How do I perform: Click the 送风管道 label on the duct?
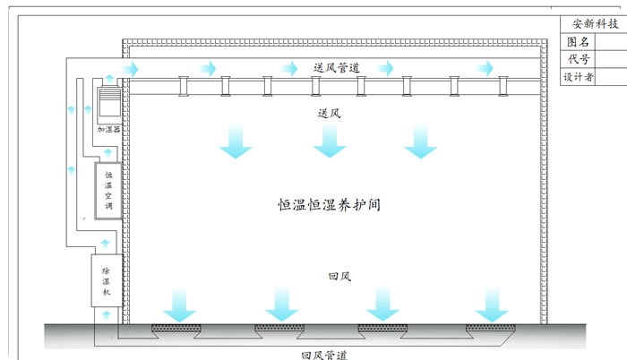click(x=337, y=67)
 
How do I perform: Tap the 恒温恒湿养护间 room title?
click(x=331, y=205)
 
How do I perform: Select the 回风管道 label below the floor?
click(x=325, y=354)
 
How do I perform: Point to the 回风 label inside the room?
click(x=339, y=277)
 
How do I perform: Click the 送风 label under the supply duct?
click(x=329, y=114)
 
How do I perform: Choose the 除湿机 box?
click(x=106, y=280)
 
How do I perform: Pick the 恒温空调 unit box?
click(x=108, y=192)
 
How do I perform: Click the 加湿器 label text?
click(x=108, y=130)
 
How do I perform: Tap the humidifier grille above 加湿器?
click(x=107, y=103)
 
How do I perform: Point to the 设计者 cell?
click(x=579, y=77)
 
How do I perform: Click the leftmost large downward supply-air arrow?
click(x=237, y=142)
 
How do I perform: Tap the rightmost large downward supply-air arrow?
click(x=420, y=142)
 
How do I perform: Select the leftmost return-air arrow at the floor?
click(x=180, y=304)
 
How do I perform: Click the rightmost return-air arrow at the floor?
click(x=492, y=304)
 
